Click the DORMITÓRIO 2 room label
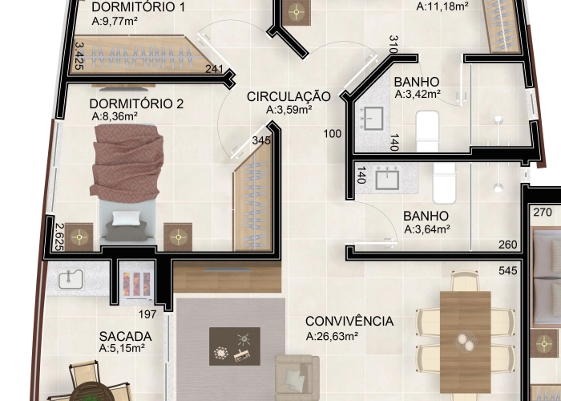[x=136, y=103]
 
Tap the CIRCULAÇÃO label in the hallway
[x=289, y=96]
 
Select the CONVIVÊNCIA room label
[x=349, y=322]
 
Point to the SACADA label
[x=121, y=335]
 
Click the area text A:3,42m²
[x=418, y=95]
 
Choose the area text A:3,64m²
[x=427, y=229]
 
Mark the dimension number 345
[x=261, y=140]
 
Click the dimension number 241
[x=214, y=70]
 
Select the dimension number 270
[x=543, y=213]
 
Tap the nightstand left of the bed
[x=79, y=237]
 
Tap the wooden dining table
[x=465, y=329]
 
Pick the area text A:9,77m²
[x=115, y=22]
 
